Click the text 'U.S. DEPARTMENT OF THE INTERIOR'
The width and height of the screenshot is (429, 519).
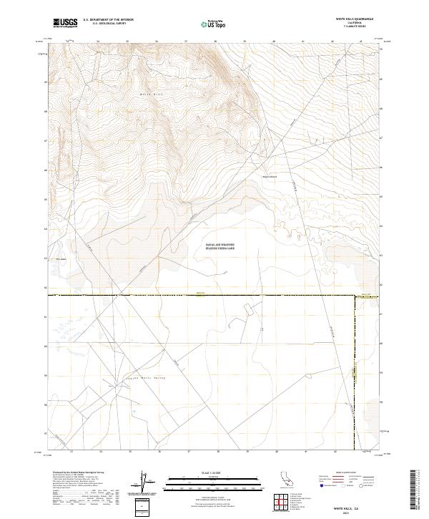[x=108, y=20]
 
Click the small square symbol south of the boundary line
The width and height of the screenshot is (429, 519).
[x=262, y=329]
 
